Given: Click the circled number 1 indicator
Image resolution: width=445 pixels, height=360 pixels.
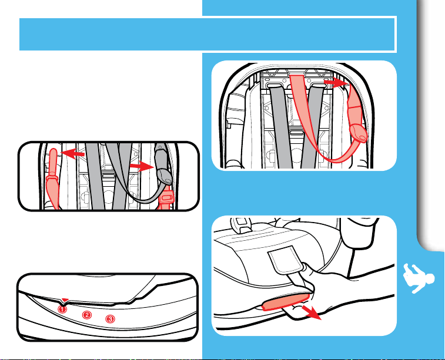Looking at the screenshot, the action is pos(62,309).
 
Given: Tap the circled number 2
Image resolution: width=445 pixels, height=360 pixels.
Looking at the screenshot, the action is pos(87,315).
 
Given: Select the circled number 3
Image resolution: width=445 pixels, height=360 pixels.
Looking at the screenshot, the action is pos(110,319).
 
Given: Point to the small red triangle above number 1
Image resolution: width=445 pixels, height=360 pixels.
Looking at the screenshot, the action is pos(65,300).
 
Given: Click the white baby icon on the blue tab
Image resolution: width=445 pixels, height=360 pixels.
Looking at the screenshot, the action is pos(419,278).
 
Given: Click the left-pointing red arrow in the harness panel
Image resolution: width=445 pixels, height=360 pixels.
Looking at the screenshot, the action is pos(73,154).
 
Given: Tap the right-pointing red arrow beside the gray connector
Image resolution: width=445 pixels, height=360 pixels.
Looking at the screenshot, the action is pos(142,166).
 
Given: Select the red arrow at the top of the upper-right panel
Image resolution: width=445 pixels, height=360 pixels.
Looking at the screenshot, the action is pos(336,82).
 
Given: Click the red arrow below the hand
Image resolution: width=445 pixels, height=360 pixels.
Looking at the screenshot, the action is pos(312,312).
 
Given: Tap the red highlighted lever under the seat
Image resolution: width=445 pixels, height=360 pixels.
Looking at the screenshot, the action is pos(285,301).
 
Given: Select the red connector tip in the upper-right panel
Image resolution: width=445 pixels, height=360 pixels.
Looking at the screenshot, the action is pos(359,133).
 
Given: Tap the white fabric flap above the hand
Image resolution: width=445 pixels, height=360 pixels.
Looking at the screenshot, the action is pos(286,260).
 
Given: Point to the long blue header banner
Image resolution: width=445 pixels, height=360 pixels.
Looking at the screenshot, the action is pos(207,34).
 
